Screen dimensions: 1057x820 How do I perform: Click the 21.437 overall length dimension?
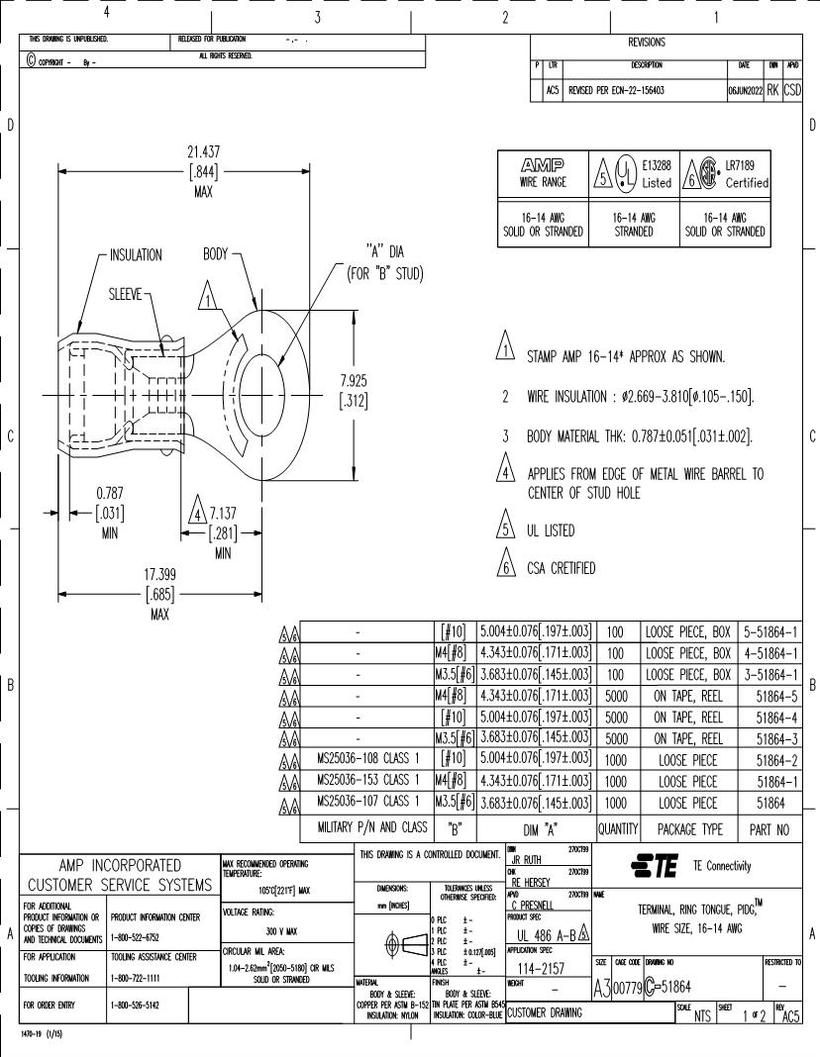pyautogui.click(x=203, y=153)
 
